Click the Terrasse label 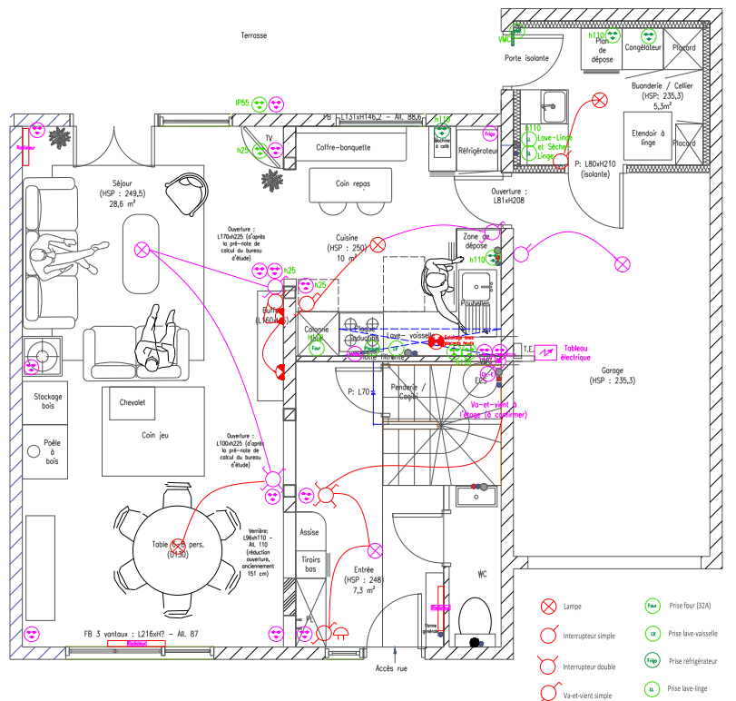point(254,35)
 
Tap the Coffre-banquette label point(329,147)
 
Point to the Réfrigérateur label point(478,151)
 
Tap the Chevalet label point(133,401)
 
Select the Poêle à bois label point(52,452)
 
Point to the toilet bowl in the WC point(475,621)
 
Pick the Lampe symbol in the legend point(547,606)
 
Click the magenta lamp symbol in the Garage point(623,264)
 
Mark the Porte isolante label point(527,58)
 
